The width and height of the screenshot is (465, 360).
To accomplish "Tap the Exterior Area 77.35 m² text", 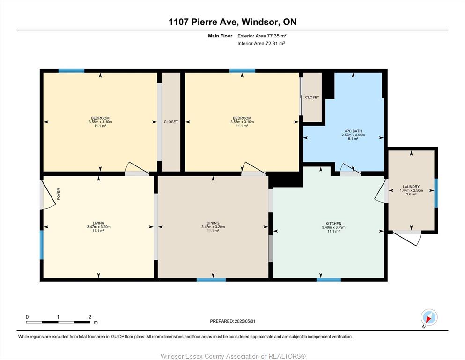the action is (x=262, y=36).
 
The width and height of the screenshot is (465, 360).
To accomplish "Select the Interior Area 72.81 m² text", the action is (x=261, y=43).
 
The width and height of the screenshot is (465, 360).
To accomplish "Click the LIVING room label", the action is (x=98, y=223).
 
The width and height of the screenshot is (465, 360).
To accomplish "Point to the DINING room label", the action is (x=213, y=223).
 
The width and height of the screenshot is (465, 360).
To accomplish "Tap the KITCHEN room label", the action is (x=333, y=224).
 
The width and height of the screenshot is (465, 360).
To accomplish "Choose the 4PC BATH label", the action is (x=353, y=131).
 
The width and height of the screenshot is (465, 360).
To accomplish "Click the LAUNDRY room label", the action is (x=411, y=187).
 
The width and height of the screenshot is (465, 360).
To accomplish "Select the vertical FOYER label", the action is (x=59, y=194).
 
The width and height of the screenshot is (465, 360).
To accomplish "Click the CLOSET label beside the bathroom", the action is (x=312, y=97).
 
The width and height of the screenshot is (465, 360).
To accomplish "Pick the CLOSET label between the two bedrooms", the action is (x=171, y=122).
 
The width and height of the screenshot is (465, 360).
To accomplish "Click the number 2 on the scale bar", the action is (x=90, y=317).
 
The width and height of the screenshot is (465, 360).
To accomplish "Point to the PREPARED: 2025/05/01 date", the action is (x=232, y=321).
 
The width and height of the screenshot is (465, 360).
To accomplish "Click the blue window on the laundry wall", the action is (x=436, y=193).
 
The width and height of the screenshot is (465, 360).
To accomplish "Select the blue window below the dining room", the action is (x=211, y=279).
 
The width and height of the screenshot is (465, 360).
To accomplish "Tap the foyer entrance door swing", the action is (x=47, y=195).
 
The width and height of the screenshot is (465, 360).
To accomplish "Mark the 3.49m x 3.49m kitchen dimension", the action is (x=333, y=227).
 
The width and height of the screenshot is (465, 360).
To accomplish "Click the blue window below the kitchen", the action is (x=329, y=279).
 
